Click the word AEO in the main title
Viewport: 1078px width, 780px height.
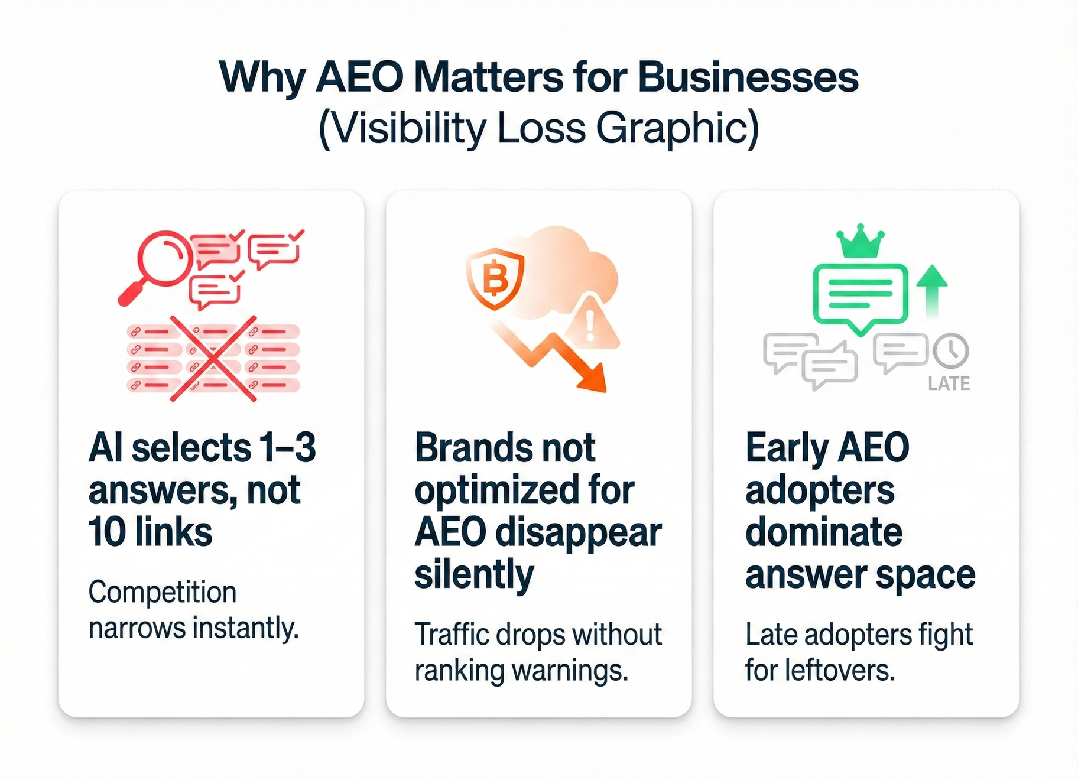coord(359,77)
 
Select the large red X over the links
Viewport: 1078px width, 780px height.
coord(213,359)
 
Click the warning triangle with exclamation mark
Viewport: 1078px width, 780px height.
coord(590,323)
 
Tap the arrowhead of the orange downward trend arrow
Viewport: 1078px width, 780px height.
coord(592,378)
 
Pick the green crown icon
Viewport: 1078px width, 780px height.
coord(861,242)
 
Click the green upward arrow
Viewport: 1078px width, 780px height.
coord(932,291)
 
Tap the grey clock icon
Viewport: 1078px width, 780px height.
coord(951,350)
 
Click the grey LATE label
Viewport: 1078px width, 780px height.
coord(949,384)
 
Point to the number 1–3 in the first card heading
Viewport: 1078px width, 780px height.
coord(288,447)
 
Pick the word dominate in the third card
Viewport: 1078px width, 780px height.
coord(824,532)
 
